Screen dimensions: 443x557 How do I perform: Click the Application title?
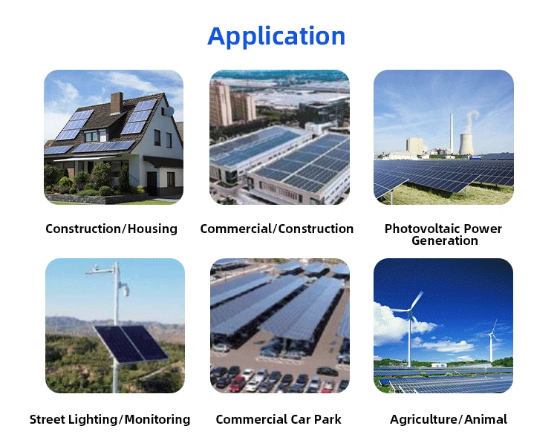[x=276, y=36]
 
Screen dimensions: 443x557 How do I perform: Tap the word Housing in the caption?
[x=153, y=229]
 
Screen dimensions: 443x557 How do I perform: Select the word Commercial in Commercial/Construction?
[x=236, y=229]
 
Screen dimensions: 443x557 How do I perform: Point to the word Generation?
[x=444, y=240]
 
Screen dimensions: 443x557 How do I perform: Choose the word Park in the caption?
[x=327, y=419]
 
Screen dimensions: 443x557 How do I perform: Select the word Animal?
[x=487, y=419]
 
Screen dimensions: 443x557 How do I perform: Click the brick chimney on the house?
[x=116, y=102]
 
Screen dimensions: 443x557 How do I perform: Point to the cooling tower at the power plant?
[x=466, y=143]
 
